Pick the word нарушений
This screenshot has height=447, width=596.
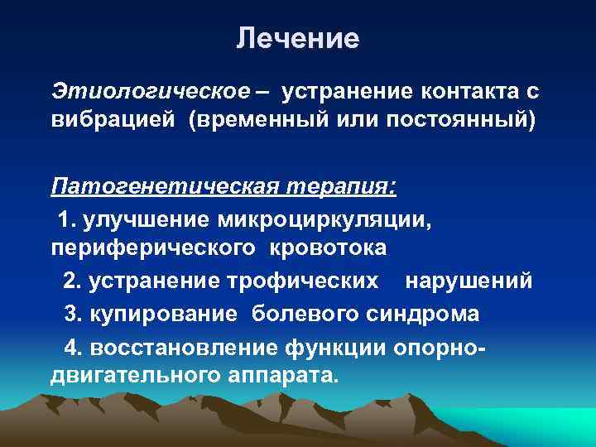469,281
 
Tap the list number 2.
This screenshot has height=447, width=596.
71,281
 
